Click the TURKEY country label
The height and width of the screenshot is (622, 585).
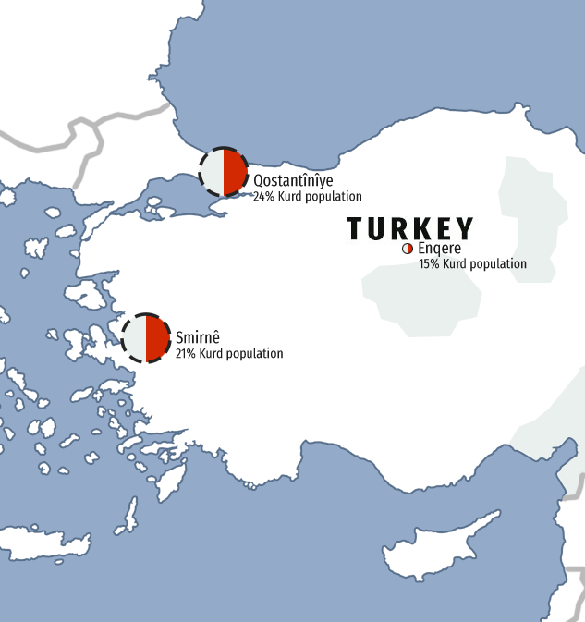coord(410,229)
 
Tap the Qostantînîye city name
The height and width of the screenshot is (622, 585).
coord(293,181)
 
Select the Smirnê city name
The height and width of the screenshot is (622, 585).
coord(196,338)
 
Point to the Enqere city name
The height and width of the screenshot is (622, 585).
coord(439,249)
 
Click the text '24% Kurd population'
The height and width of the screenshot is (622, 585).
coord(308,197)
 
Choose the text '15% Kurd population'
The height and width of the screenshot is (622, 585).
coord(472,264)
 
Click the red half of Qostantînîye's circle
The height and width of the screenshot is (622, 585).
coord(235,172)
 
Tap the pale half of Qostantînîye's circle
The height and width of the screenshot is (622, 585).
coord(213,172)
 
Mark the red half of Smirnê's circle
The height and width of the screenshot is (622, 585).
coord(157,337)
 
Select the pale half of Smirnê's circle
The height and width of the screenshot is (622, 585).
coord(135,337)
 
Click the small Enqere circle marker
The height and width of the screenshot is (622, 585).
coord(408,250)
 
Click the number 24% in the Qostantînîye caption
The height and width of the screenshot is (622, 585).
coord(263,197)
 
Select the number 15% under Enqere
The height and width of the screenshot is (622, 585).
coord(429,264)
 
